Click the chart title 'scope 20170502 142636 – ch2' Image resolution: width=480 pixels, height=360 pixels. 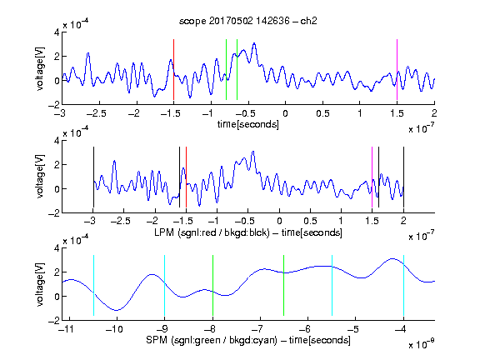[x=248, y=21]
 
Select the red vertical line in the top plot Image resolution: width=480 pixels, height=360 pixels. [x=173, y=69]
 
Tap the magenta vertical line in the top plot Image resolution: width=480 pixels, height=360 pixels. [x=397, y=69]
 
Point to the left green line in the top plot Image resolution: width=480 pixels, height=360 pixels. [x=226, y=69]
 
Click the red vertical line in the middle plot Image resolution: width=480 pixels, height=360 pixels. [x=186, y=177]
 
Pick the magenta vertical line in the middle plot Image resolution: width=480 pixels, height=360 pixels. [x=372, y=177]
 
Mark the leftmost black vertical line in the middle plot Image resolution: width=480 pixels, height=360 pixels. [x=93, y=177]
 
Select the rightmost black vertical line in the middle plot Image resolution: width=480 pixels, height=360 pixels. [x=403, y=177]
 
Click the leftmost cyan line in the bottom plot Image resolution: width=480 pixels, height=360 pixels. [x=93, y=285]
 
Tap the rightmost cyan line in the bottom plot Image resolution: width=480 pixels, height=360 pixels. [x=403, y=285]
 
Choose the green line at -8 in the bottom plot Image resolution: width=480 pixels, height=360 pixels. [x=212, y=285]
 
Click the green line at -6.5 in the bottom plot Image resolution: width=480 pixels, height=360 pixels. [x=284, y=285]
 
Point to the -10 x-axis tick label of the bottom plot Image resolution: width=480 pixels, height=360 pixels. [x=114, y=329]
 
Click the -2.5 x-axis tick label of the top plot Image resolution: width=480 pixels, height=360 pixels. [x=96, y=113]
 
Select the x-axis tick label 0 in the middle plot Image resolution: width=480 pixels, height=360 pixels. [x=279, y=221]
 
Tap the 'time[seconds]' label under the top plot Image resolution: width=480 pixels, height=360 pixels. [x=248, y=124]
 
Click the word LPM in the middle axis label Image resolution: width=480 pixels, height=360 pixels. [x=164, y=232]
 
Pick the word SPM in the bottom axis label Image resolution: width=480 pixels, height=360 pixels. [x=157, y=340]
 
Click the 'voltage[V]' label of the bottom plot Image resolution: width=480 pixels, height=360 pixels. [x=40, y=285]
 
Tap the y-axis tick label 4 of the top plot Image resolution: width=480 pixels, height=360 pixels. [x=57, y=32]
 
